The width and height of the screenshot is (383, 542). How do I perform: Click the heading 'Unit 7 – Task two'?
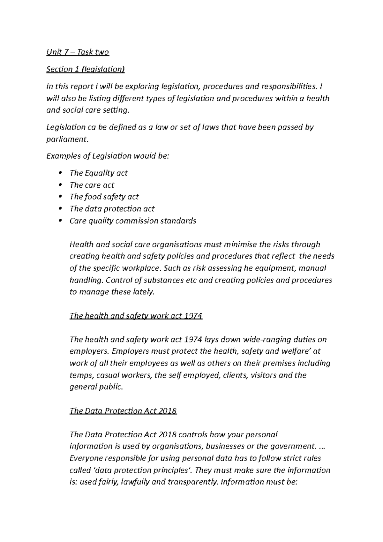[x=78, y=52]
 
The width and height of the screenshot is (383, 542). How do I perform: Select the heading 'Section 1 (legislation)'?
[x=85, y=69]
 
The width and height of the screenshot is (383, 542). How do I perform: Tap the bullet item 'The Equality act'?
[x=98, y=173]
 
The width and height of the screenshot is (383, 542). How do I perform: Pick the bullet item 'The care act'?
[x=92, y=185]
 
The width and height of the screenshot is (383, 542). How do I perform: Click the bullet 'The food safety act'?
[x=104, y=197]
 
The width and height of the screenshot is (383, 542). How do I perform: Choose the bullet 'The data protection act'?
[x=112, y=209]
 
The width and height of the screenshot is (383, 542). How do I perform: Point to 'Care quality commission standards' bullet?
[x=133, y=221]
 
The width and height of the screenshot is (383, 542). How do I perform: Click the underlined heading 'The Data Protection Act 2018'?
[x=123, y=410]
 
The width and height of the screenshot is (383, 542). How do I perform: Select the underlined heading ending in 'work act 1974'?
[x=136, y=316]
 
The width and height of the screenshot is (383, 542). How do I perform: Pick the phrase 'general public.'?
[x=96, y=387]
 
